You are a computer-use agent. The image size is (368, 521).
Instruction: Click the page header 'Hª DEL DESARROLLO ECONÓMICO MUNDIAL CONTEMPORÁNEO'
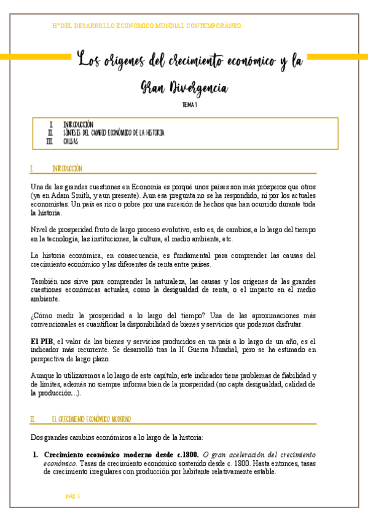[x=147, y=26]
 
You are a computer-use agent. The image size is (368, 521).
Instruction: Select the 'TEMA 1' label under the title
[x=189, y=105]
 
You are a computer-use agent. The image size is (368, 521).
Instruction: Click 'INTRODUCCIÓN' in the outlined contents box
[x=78, y=125]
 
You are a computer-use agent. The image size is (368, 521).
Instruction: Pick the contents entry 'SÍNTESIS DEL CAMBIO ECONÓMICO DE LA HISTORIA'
[x=114, y=133]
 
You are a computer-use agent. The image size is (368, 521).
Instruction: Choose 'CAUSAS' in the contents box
[x=71, y=141]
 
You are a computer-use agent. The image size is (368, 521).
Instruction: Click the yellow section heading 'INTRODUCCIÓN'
[x=67, y=168]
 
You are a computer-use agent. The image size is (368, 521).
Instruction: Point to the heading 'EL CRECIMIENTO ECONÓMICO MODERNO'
[x=91, y=419]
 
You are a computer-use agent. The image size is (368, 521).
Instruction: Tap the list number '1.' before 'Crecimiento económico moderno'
[x=36, y=455]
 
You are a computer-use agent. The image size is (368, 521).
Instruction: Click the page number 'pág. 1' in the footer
[x=73, y=496]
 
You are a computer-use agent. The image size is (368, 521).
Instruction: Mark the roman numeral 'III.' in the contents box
[x=50, y=141]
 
